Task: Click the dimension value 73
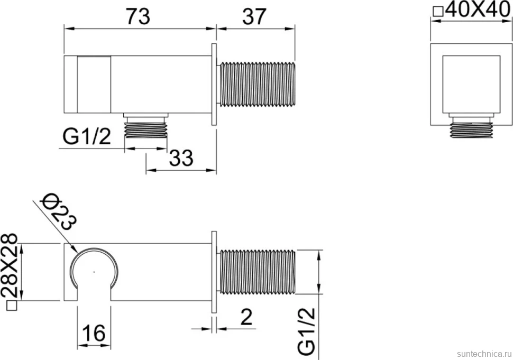(138, 16)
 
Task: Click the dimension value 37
(254, 16)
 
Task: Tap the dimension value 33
(181, 158)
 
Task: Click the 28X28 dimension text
(9, 265)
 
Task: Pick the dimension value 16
(94, 333)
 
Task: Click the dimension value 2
(246, 317)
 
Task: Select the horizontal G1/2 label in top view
(87, 137)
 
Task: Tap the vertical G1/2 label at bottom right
(307, 331)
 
